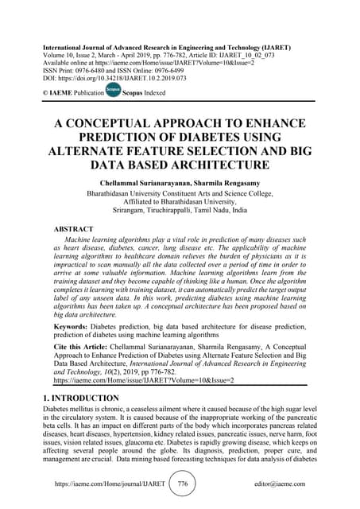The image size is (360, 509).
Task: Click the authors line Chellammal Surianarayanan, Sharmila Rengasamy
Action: point(180,184)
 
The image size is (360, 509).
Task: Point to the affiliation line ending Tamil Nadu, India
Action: point(180,213)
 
